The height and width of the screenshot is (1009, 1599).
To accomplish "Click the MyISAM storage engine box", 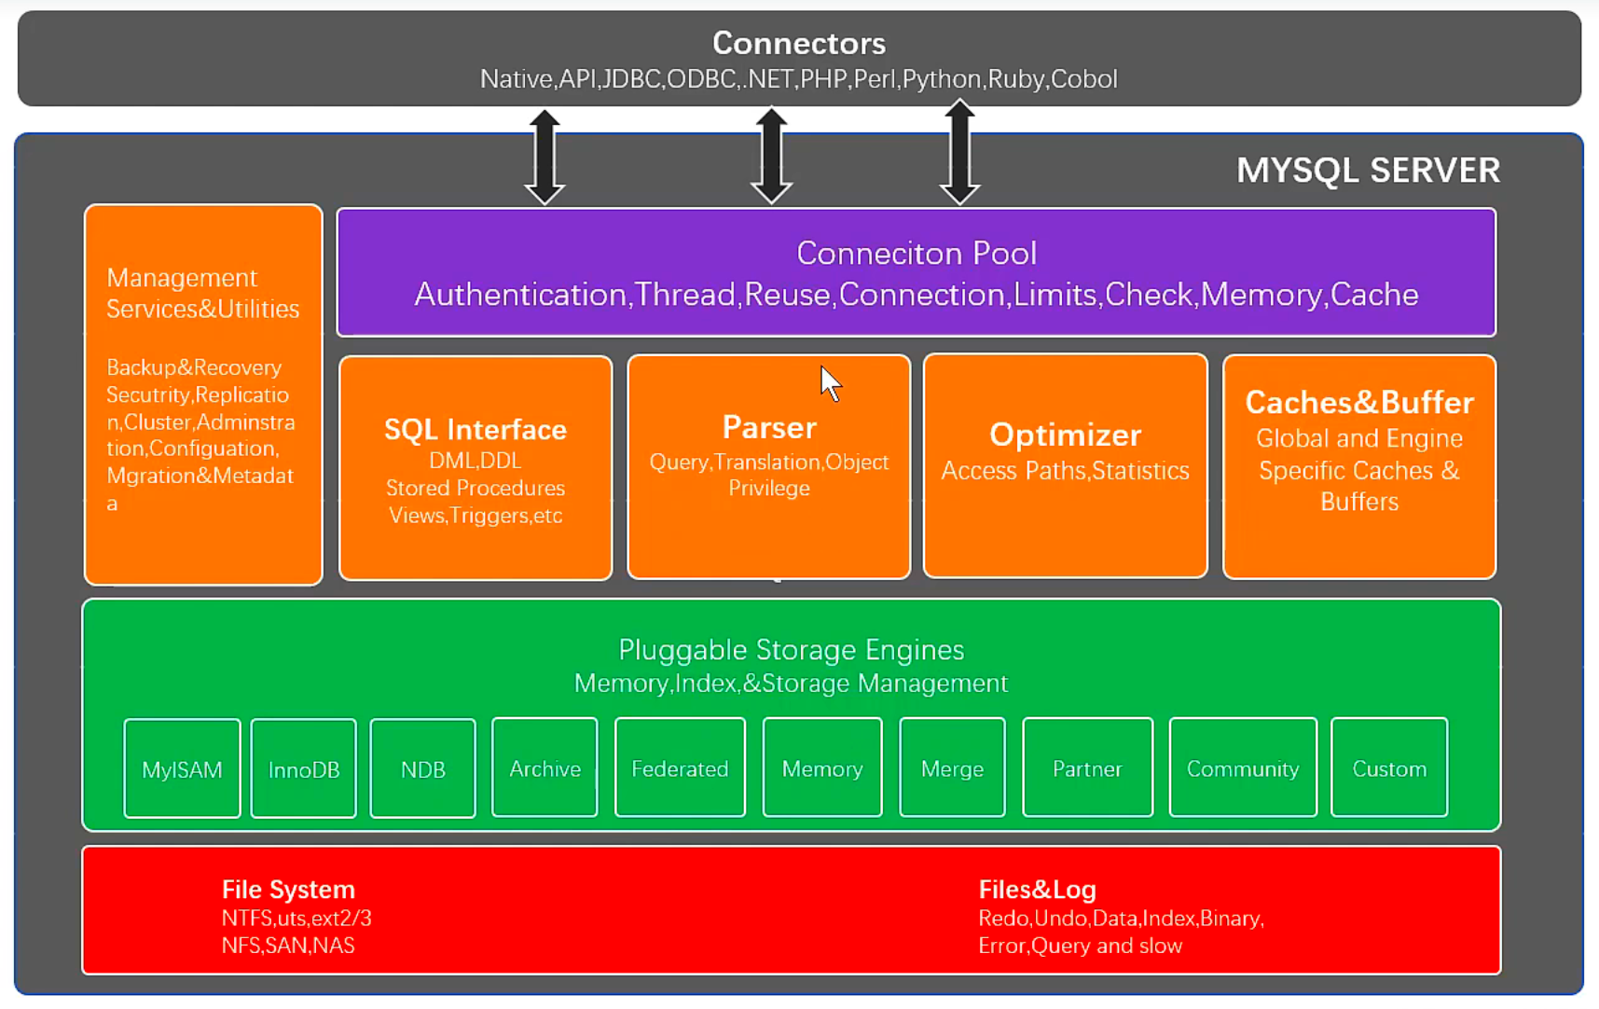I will pyautogui.click(x=182, y=768).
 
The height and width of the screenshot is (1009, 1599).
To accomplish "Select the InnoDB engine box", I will pyautogui.click(x=304, y=768).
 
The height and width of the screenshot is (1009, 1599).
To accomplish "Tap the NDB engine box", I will pyautogui.click(x=422, y=768).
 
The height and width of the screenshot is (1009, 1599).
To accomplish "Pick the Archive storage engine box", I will pyautogui.click(x=544, y=767).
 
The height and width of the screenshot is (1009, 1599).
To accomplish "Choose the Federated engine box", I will pyautogui.click(x=680, y=767).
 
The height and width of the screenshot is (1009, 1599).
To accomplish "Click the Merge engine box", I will pyautogui.click(x=952, y=767).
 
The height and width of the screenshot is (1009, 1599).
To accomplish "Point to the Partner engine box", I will pyautogui.click(x=1087, y=767).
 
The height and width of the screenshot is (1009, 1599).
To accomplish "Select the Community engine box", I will pyautogui.click(x=1243, y=767).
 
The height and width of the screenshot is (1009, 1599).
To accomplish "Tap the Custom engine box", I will pyautogui.click(x=1389, y=767).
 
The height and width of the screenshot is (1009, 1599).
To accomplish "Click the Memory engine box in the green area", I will pyautogui.click(x=822, y=767).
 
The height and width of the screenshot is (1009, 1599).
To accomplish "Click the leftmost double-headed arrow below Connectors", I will pyautogui.click(x=545, y=157).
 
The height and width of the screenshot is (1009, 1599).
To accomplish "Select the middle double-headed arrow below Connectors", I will pyautogui.click(x=771, y=156).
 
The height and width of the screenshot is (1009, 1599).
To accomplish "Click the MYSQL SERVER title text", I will pyautogui.click(x=1368, y=171).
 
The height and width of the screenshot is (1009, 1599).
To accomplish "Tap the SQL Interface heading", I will pyautogui.click(x=476, y=429).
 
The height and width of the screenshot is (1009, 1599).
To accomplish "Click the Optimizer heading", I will pyautogui.click(x=1065, y=435).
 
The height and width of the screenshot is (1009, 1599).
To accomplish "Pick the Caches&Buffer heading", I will pyautogui.click(x=1359, y=402).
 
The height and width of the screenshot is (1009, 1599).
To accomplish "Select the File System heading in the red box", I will pyautogui.click(x=288, y=890).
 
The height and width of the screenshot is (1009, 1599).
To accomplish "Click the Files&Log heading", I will pyautogui.click(x=1037, y=890).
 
